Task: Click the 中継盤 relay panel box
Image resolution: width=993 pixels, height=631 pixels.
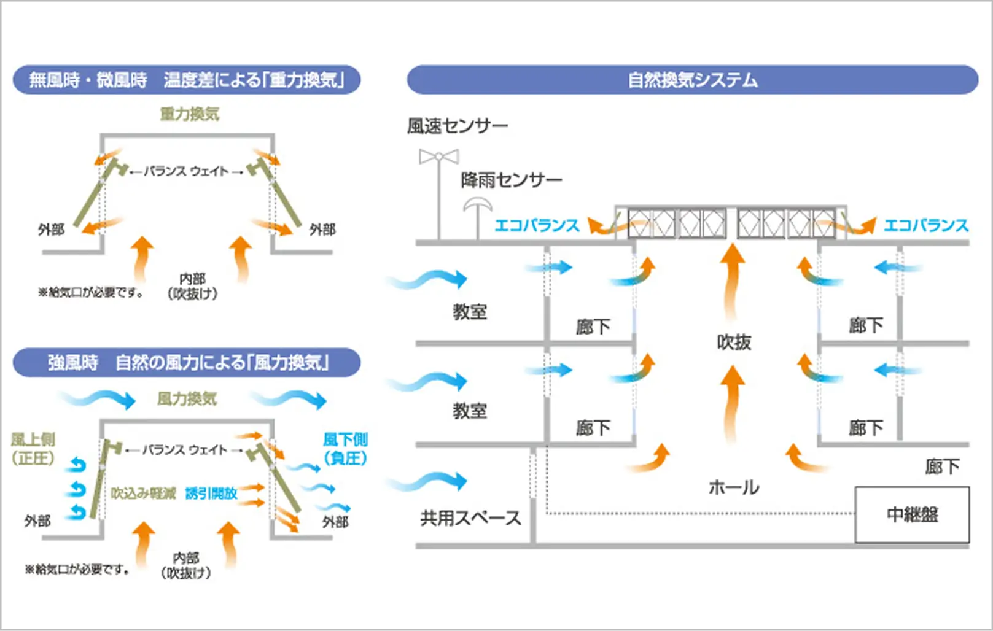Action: tap(912, 514)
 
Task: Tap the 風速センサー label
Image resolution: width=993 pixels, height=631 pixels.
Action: tap(458, 126)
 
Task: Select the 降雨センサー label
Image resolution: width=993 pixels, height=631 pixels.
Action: tap(511, 180)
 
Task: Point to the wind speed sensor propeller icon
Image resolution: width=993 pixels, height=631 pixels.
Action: tap(438, 157)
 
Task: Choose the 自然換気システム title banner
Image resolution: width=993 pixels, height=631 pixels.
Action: tap(692, 80)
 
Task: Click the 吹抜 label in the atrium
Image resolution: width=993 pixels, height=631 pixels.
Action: tap(734, 342)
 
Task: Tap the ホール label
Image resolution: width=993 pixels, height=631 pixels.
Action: tap(734, 487)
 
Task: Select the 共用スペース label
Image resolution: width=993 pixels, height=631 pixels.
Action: tap(470, 518)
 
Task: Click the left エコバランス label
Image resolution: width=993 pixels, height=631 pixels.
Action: tap(537, 225)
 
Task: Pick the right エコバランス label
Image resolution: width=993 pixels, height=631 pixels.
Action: tap(925, 225)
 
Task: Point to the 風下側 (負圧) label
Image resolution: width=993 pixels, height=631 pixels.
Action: tap(345, 449)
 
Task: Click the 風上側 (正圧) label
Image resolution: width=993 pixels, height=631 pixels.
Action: tap(33, 449)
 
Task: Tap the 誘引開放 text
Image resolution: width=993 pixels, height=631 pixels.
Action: tap(211, 494)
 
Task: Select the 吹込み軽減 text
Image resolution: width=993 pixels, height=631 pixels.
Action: tap(143, 494)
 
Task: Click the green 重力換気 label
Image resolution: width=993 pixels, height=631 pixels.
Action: tap(189, 114)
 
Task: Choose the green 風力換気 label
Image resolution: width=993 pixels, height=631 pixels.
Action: tap(187, 399)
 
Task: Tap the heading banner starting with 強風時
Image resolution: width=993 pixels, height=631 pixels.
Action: tap(187, 363)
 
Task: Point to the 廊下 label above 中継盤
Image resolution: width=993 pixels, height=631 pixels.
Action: tap(941, 466)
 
